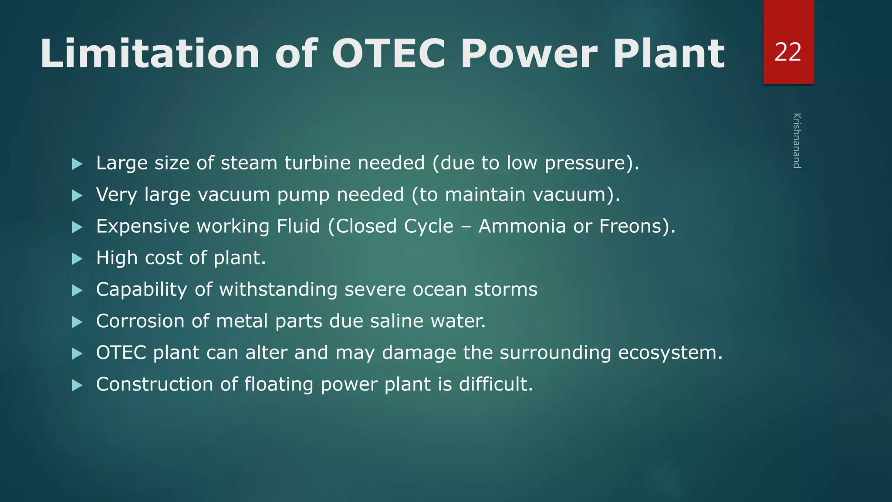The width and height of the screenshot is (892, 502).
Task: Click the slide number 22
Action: [x=788, y=52]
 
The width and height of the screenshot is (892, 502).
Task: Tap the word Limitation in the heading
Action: [x=150, y=54]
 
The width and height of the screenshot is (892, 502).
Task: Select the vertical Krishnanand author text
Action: [x=797, y=140]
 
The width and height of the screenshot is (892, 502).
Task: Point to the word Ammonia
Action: [x=522, y=226]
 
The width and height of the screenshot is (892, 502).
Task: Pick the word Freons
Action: [x=634, y=226]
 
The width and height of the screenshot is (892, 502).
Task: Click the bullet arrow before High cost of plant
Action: [x=77, y=259]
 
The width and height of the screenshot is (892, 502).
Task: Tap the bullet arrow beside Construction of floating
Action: [x=77, y=385]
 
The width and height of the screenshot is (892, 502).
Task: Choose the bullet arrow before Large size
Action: [x=77, y=164]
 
